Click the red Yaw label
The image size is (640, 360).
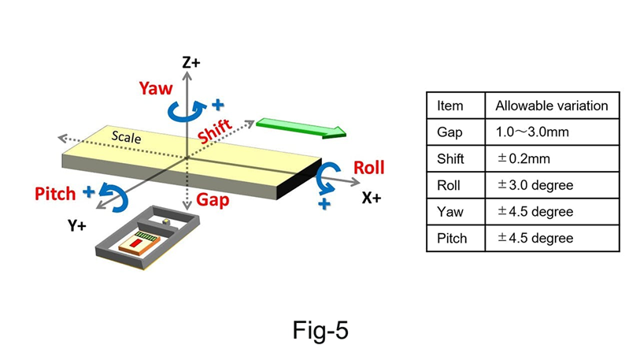pyautogui.click(x=154, y=88)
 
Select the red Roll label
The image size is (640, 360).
pyautogui.click(x=368, y=167)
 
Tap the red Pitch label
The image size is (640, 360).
pyautogui.click(x=57, y=192)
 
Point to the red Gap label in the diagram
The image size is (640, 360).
pyautogui.click(x=213, y=199)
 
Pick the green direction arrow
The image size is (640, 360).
pyautogui.click(x=300, y=128)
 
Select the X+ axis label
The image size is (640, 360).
pyautogui.click(x=371, y=198)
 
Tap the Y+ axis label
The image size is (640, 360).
pyautogui.click(x=77, y=226)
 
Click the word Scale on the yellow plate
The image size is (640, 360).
pyautogui.click(x=127, y=135)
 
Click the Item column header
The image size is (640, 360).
pyautogui.click(x=449, y=106)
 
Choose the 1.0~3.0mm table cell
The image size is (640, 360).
pyautogui.click(x=532, y=132)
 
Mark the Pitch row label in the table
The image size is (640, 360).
pyautogui.click(x=451, y=238)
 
